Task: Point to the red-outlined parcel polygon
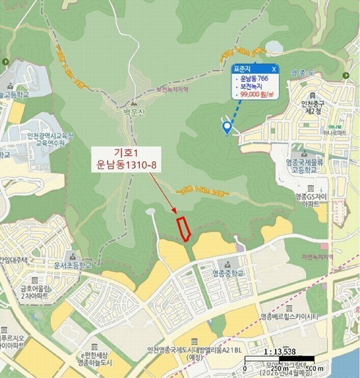coord(183,229)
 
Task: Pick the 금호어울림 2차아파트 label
coord(20,289)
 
